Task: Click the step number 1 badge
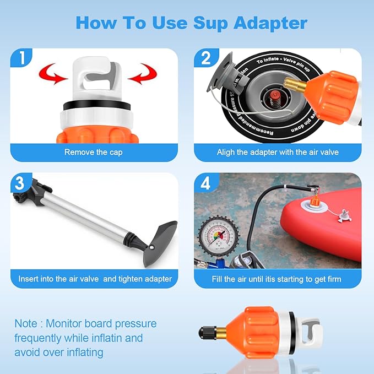coord(20,58)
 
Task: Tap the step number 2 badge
coord(205,58)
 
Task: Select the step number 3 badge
coord(20,183)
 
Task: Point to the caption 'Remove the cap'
coord(93,152)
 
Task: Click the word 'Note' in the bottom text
coord(26,323)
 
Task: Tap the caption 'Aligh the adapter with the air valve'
coord(277,152)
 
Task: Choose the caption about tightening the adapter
coord(95,279)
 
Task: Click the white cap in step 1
coord(94,77)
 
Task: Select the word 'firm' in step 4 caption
coord(332,279)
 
